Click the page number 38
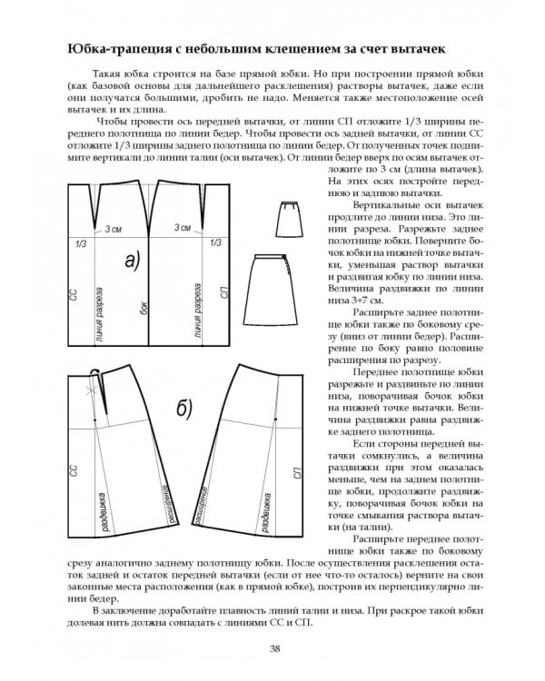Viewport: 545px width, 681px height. (x=273, y=647)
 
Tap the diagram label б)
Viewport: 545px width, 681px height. (x=183, y=411)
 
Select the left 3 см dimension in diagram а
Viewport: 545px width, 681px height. (x=114, y=229)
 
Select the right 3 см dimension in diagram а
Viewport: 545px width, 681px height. (x=182, y=228)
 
